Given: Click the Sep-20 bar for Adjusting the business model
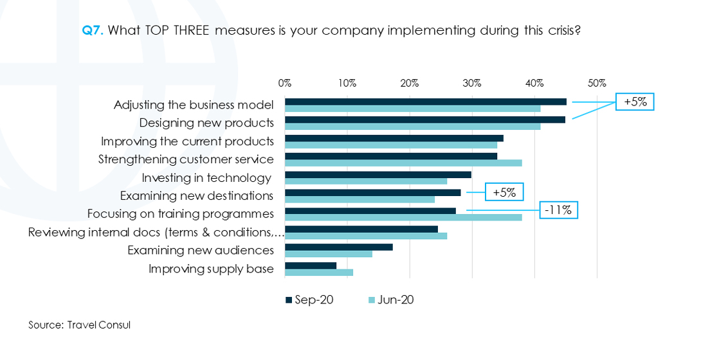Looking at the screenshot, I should [426, 102].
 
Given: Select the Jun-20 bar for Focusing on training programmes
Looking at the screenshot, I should [403, 217].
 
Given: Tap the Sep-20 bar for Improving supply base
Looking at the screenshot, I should [311, 265].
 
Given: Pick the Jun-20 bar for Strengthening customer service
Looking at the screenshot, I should [403, 163].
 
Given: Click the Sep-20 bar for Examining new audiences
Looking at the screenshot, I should [339, 247].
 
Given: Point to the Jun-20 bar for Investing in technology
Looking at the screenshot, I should [366, 181].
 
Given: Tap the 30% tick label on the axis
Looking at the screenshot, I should [472, 83].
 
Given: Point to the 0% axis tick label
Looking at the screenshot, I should [285, 83].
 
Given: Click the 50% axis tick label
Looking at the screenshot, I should [597, 83].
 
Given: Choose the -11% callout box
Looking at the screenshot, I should [558, 210].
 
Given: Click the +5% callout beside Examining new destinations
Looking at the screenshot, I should [504, 192].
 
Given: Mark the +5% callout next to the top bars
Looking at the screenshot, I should [634, 102].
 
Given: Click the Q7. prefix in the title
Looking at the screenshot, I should [93, 30].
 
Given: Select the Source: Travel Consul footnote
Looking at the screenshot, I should [79, 325].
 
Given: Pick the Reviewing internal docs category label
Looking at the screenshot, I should [156, 232].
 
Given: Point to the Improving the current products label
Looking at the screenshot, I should [187, 141].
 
